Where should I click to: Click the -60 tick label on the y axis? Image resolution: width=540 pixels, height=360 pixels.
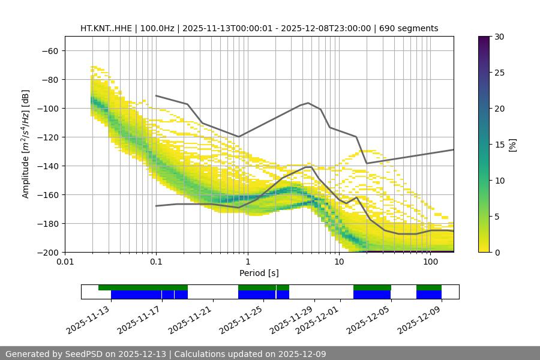click(49, 51)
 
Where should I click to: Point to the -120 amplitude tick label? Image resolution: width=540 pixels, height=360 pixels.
click(47, 137)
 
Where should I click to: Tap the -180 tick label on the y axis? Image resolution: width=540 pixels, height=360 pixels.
click(47, 224)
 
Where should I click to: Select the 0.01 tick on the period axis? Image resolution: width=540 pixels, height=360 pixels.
click(65, 262)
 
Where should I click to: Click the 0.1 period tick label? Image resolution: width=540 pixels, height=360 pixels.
click(156, 262)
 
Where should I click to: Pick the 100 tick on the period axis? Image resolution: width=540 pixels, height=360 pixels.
click(430, 262)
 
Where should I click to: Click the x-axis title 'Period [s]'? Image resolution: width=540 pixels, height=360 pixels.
click(259, 273)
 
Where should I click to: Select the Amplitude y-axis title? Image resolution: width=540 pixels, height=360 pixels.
click(26, 145)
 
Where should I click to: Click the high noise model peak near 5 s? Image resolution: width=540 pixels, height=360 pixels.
click(308, 103)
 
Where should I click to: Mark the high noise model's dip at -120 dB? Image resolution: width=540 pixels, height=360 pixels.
click(239, 137)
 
